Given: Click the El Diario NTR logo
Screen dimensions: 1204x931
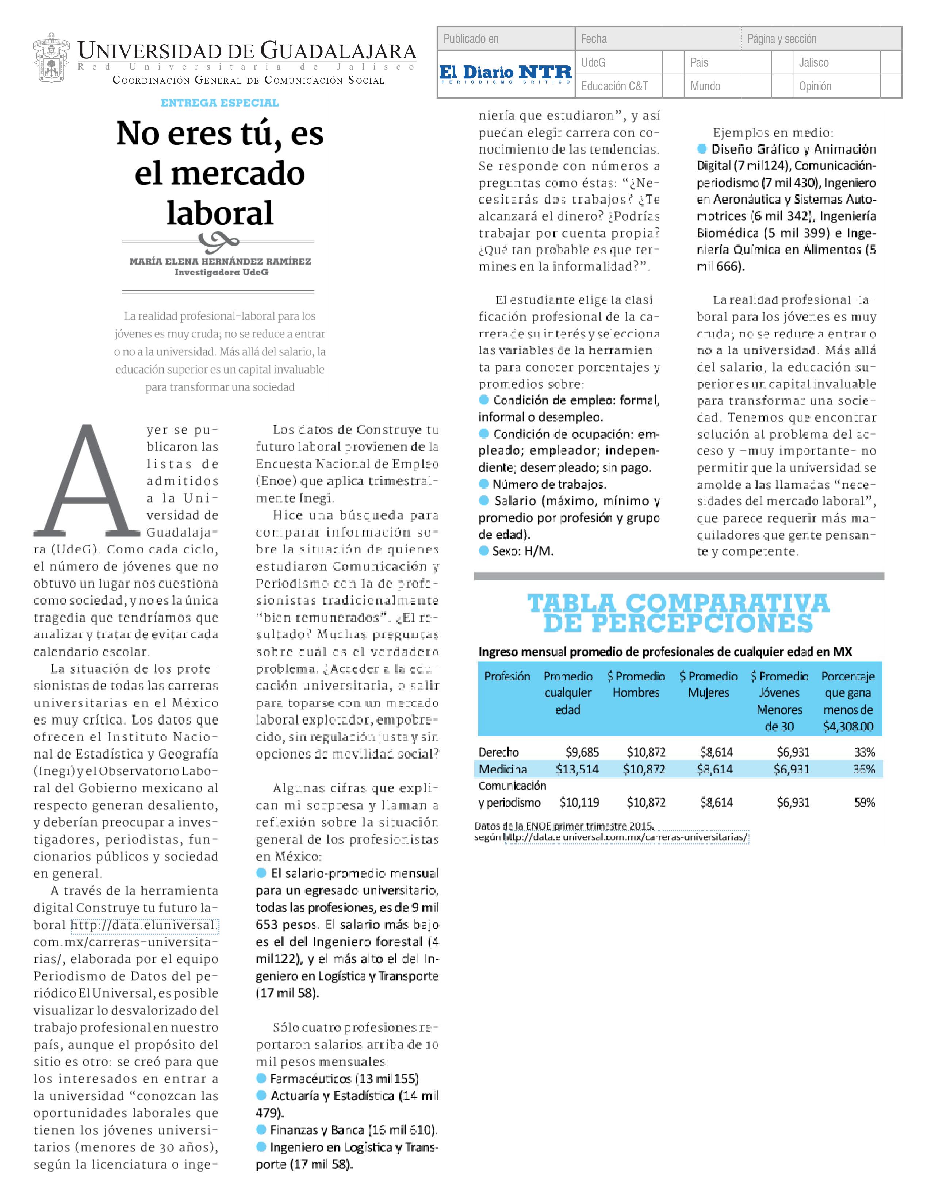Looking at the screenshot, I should (505, 73).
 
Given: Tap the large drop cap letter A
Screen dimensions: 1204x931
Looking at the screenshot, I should (87, 481).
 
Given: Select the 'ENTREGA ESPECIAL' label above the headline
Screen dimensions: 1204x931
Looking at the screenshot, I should (219, 103).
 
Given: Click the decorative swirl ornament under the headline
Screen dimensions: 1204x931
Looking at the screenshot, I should (218, 240).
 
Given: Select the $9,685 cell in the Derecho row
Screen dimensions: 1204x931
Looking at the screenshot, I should (582, 752).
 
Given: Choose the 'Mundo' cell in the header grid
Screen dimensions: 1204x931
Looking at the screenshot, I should (705, 86).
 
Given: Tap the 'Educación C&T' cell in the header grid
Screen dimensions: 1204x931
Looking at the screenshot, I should (614, 86).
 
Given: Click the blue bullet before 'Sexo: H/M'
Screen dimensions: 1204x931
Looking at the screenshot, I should (484, 551).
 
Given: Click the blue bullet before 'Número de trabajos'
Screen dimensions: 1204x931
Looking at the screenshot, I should (484, 483).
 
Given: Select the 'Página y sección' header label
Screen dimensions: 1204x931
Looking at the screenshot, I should (782, 39).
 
